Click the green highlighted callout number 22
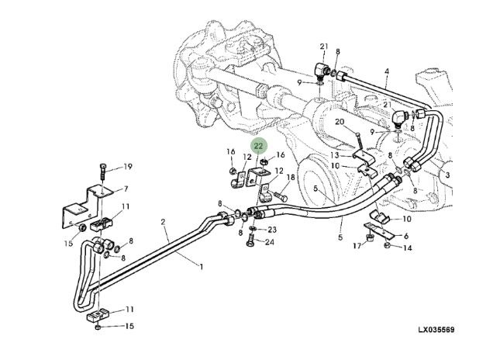tap(258, 146)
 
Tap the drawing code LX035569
tap(436, 330)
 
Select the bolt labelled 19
tap(102, 172)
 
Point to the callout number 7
tap(126, 189)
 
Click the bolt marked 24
tap(250, 241)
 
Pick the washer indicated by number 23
tap(253, 229)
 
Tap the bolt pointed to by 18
tap(279, 196)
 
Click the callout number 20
tap(340, 122)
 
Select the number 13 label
tap(335, 155)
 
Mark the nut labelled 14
tap(387, 245)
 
